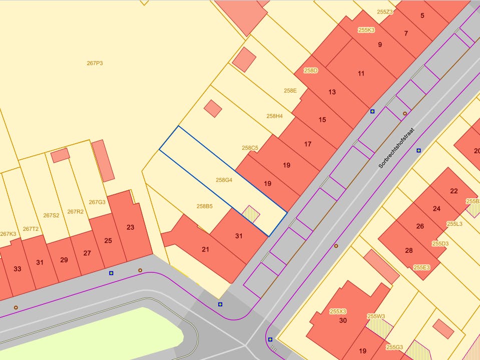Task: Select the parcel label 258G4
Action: coord(224,180)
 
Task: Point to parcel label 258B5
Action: coord(205,206)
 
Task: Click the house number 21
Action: coord(205,249)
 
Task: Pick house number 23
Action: coord(131,227)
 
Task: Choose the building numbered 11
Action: coord(361,74)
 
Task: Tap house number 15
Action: coord(322,120)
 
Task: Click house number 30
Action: coord(343,320)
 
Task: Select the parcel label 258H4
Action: coord(274,116)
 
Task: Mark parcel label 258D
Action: coord(311,71)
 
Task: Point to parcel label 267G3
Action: coord(97,202)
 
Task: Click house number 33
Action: coord(18,269)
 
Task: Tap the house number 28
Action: coord(409,250)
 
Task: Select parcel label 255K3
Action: coord(366,30)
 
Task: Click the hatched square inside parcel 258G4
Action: coord(251,215)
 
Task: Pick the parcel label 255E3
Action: coord(421,267)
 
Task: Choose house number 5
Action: coord(422,16)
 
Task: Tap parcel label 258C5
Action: coord(250,148)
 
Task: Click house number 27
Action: coord(87,253)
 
